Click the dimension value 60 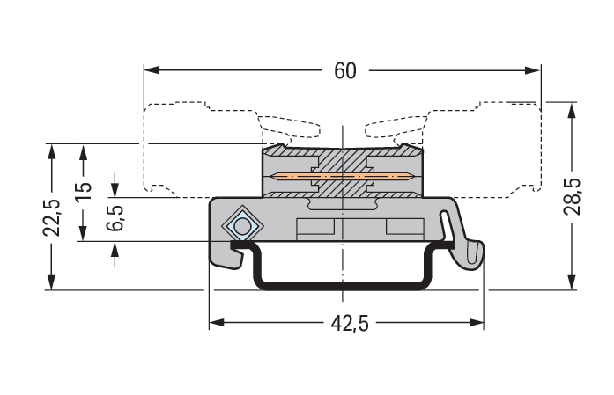345,70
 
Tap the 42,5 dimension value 350,324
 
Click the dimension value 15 83,193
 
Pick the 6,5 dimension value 115,217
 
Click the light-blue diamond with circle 240,225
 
